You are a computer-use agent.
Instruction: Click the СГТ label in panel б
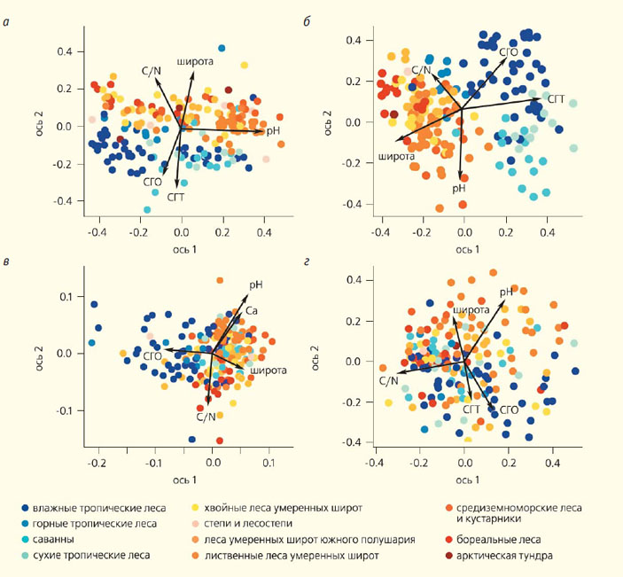[x=557, y=100]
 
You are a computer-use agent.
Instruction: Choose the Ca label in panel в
[x=252, y=311]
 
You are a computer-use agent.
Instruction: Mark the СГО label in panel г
[x=509, y=410]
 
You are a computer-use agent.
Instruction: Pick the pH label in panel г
[x=506, y=292]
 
